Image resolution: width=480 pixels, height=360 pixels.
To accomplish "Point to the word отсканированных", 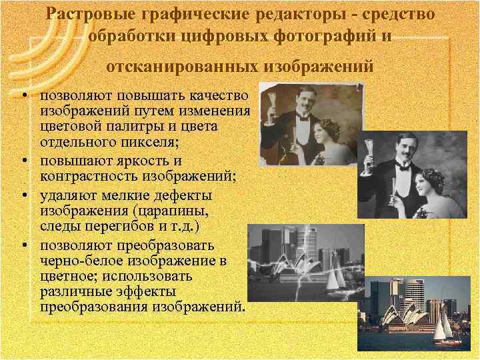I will (x=181, y=67).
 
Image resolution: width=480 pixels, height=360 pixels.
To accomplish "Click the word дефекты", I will (x=183, y=196).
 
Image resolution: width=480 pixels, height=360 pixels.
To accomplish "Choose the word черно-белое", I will (x=79, y=259).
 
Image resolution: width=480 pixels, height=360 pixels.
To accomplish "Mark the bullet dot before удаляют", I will (x=24, y=196).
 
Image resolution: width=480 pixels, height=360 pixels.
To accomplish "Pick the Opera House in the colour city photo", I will (x=409, y=319).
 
